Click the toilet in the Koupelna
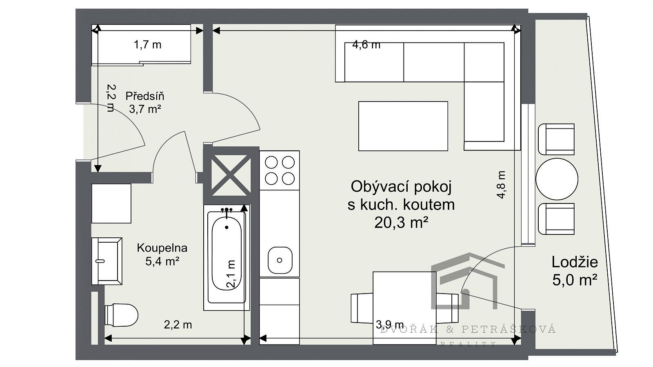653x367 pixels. [121, 315]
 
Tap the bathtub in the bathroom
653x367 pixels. [227, 257]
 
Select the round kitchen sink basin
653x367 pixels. [280, 260]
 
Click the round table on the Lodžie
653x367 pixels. [557, 179]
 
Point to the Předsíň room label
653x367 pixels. [145, 96]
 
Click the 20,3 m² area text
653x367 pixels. [401, 223]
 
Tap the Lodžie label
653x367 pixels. [575, 262]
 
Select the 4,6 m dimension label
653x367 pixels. [366, 45]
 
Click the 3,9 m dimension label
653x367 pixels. [390, 324]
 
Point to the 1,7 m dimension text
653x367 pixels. [147, 45]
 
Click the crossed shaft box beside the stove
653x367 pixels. [231, 175]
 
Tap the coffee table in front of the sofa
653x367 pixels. [403, 126]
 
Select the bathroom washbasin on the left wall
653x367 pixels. [107, 261]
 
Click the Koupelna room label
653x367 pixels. [162, 248]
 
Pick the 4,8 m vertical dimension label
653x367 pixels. [501, 185]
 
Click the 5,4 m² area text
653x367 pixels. [162, 261]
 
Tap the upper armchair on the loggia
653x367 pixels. [556, 139]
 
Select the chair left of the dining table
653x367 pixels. [362, 308]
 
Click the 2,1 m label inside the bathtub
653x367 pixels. [231, 274]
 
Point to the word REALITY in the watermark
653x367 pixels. [468, 345]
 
